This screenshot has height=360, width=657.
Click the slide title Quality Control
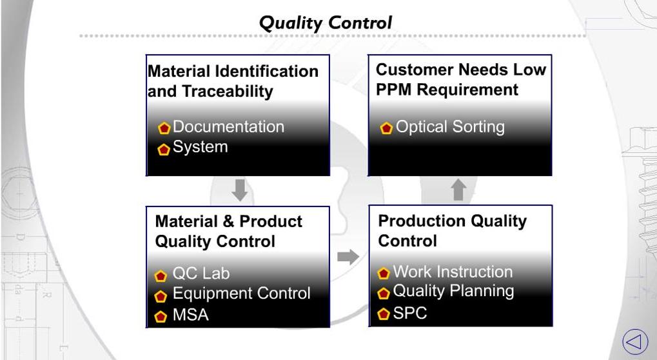coord(325,23)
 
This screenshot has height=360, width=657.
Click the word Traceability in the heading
coord(230,92)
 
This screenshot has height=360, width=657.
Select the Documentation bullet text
coord(228,127)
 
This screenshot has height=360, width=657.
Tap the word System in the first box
coord(200,147)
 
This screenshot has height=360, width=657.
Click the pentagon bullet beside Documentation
coord(164,128)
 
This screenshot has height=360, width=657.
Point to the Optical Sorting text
coord(449,127)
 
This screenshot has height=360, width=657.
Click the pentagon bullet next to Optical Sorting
coord(386,128)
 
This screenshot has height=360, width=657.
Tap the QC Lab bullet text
coord(201,274)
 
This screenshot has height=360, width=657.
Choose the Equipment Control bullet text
coord(241,294)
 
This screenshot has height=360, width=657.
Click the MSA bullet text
coord(190,315)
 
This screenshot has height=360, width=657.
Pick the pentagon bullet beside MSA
coord(161,317)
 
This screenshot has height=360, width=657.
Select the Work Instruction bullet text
coord(453,272)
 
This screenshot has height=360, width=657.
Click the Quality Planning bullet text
coord(453,292)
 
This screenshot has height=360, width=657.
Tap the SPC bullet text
coord(410,314)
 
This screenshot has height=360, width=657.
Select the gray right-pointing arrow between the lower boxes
coord(348,257)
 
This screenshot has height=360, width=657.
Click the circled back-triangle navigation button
coord(634,340)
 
